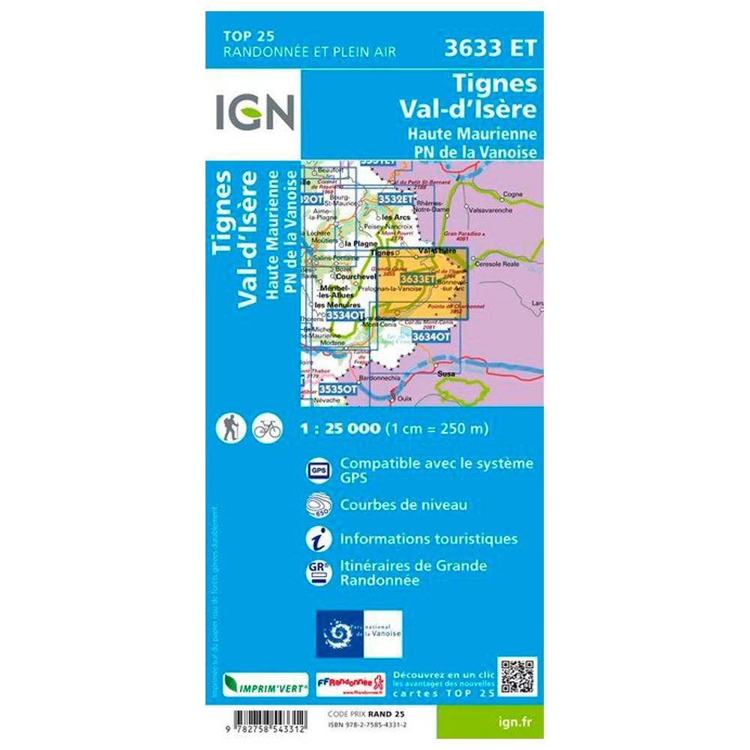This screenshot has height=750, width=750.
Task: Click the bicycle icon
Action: (267, 427)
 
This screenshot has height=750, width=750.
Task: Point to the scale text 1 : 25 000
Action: (340, 429)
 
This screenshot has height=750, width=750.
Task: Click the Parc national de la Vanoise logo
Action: (359, 634)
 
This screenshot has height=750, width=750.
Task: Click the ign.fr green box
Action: (508, 722)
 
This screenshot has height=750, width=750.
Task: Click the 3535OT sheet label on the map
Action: (337, 389)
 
